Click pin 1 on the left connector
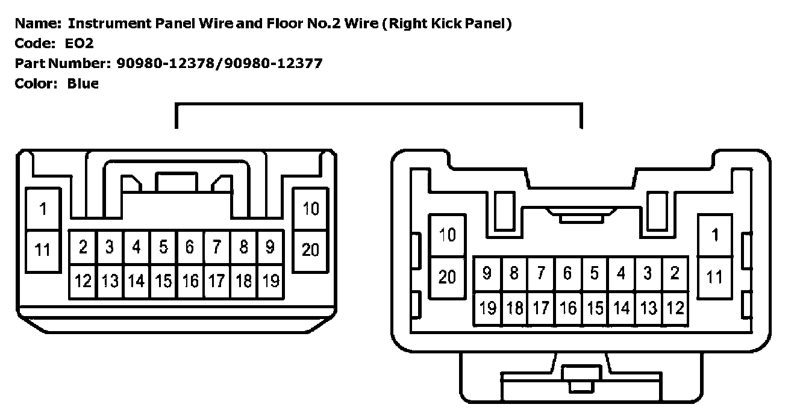(43, 209)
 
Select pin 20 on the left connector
(310, 249)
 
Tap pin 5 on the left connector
(163, 247)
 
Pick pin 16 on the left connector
(190, 281)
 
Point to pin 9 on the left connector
(270, 247)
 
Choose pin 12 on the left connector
(83, 281)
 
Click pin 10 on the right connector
(447, 235)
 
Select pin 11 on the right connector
(714, 277)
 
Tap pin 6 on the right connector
(567, 273)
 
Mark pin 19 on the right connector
(487, 308)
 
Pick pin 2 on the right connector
(675, 273)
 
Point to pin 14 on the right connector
(621, 308)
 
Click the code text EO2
(80, 43)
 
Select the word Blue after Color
(83, 84)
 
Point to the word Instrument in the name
(105, 23)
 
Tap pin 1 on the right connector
(714, 235)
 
